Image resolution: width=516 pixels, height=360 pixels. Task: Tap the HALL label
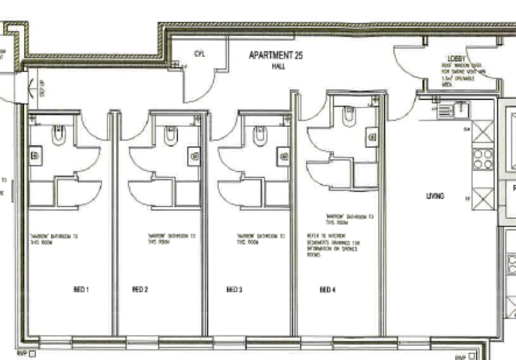pyautogui.click(x=277, y=67)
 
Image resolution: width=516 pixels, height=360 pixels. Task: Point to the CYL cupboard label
pyautogui.click(x=199, y=54)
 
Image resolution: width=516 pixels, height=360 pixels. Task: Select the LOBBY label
pyautogui.click(x=457, y=58)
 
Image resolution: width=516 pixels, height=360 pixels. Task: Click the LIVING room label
pyautogui.click(x=435, y=196)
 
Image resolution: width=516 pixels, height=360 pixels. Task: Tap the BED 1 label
pyautogui.click(x=80, y=289)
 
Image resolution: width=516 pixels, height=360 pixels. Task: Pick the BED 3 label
pyautogui.click(x=235, y=289)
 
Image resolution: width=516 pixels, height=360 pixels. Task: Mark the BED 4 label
pyautogui.click(x=327, y=289)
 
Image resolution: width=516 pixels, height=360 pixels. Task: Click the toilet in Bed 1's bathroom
pyautogui.click(x=59, y=135)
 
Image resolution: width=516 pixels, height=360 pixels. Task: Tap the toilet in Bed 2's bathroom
pyautogui.click(x=170, y=135)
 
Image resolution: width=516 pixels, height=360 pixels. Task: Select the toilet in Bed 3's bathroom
pyautogui.click(x=260, y=135)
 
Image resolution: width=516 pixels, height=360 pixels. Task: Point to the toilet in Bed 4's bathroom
pyautogui.click(x=349, y=115)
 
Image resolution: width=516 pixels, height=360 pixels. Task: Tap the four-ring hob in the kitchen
pyautogui.click(x=483, y=159)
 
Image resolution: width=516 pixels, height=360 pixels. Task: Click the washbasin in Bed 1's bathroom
pyautogui.click(x=34, y=155)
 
